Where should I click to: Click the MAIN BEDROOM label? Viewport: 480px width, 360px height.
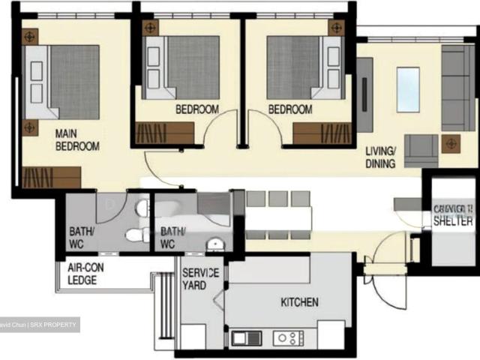coord(77,140)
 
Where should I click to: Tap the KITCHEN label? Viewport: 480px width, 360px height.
coord(299,302)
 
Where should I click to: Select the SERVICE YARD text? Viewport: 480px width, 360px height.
coord(201,279)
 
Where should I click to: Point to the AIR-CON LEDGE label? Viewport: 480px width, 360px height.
coord(82,274)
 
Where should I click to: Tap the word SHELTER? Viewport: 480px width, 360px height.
coord(453,221)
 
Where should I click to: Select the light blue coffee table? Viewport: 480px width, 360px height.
coord(408,89)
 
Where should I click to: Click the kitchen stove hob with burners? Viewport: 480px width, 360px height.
coord(287,338)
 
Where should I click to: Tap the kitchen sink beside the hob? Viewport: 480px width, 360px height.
coord(246,338)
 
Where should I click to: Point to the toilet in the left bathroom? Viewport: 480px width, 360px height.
coord(136,235)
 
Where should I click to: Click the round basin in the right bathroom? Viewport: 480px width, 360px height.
coord(215,244)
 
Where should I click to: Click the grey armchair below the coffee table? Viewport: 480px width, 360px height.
coord(421,149)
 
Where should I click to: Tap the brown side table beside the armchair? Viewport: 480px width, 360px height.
coord(451,143)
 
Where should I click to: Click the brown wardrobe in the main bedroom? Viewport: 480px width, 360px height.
coord(51,178)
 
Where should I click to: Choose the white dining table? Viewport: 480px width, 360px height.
coord(278,218)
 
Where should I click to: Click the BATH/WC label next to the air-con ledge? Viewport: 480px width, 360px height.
coord(80,237)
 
